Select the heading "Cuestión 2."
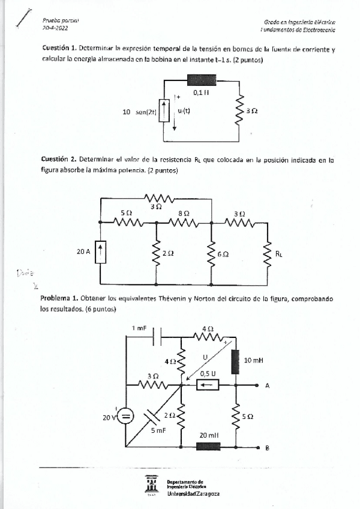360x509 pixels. (59, 160)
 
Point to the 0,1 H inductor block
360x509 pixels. (200, 80)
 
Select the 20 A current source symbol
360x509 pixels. (100, 253)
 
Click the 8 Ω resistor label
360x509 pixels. (184, 213)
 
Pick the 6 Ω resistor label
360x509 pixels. (223, 254)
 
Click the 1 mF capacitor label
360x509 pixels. (139, 328)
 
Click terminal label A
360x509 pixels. (267, 386)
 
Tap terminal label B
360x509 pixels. (267, 448)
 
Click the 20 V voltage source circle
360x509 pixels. (126, 415)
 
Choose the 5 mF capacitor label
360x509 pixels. (158, 431)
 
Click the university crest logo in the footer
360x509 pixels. (151, 484)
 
